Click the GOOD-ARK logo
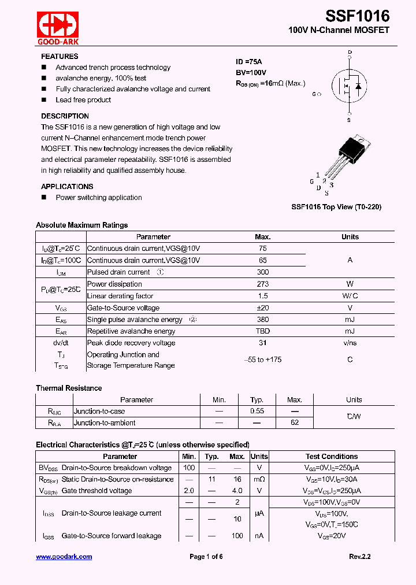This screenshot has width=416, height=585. coord(58,28)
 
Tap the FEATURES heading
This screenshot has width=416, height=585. coord(60,57)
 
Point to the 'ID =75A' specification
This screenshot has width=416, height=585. coord(249,62)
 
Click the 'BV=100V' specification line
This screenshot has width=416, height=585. coord(251,72)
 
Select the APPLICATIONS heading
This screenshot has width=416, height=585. coord(67,187)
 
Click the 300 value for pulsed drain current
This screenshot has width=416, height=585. coord(262,272)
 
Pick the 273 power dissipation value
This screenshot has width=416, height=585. coord(262,284)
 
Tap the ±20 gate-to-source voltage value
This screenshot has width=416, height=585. coord(262,308)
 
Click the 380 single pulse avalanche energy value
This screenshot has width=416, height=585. coord(262,320)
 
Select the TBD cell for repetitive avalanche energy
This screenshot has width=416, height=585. coord(262,331)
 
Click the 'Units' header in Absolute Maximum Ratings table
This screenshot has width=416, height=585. coord(350,237)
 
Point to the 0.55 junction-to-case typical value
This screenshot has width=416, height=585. coord(257,412)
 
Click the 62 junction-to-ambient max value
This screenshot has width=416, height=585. coord(295,423)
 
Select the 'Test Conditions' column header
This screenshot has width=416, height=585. coord(332,457)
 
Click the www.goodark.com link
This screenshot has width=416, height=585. coord(64,557)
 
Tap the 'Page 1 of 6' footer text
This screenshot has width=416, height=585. coord(206,557)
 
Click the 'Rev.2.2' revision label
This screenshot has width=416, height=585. coord(359,557)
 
